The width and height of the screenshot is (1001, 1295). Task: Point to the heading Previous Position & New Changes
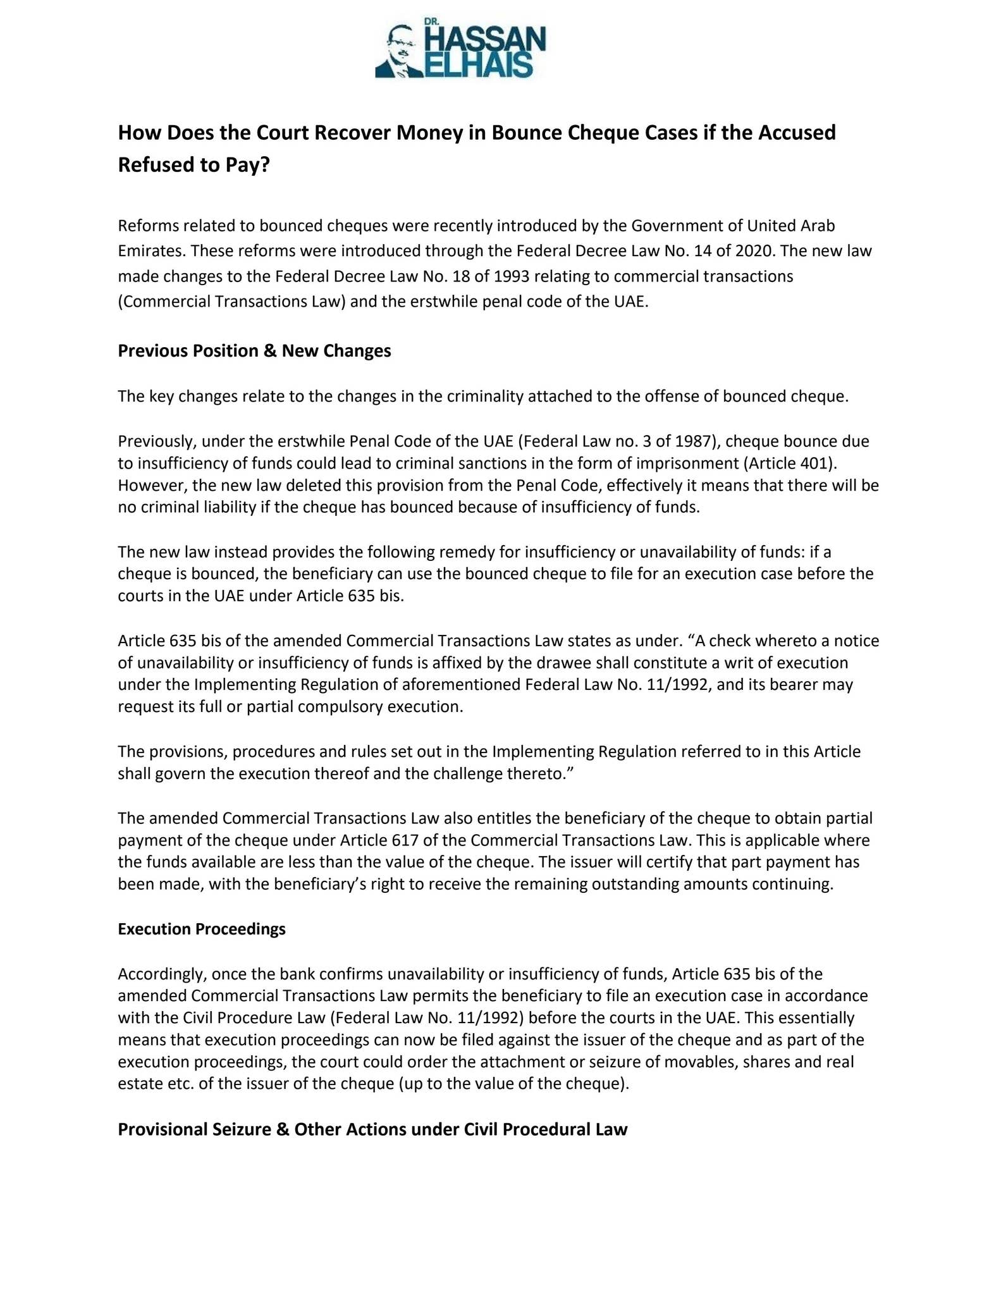tap(254, 351)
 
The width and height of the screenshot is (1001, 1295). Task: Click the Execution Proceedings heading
tap(202, 929)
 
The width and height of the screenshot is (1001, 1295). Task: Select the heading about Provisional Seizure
tap(372, 1129)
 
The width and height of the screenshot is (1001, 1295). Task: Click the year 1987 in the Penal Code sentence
tap(694, 441)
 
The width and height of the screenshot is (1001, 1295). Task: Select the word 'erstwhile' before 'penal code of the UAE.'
tap(446, 302)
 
